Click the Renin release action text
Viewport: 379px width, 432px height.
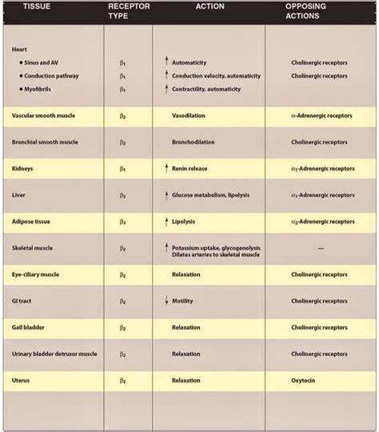[x=197, y=169]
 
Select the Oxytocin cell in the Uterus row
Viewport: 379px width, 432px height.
[x=305, y=380]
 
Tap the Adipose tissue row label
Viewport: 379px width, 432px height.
[x=35, y=221]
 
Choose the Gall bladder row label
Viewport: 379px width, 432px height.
[x=31, y=327]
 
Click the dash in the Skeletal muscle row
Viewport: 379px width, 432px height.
[x=320, y=249]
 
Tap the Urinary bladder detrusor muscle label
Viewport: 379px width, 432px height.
[x=54, y=354]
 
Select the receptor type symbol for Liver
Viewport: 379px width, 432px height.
[x=122, y=194]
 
